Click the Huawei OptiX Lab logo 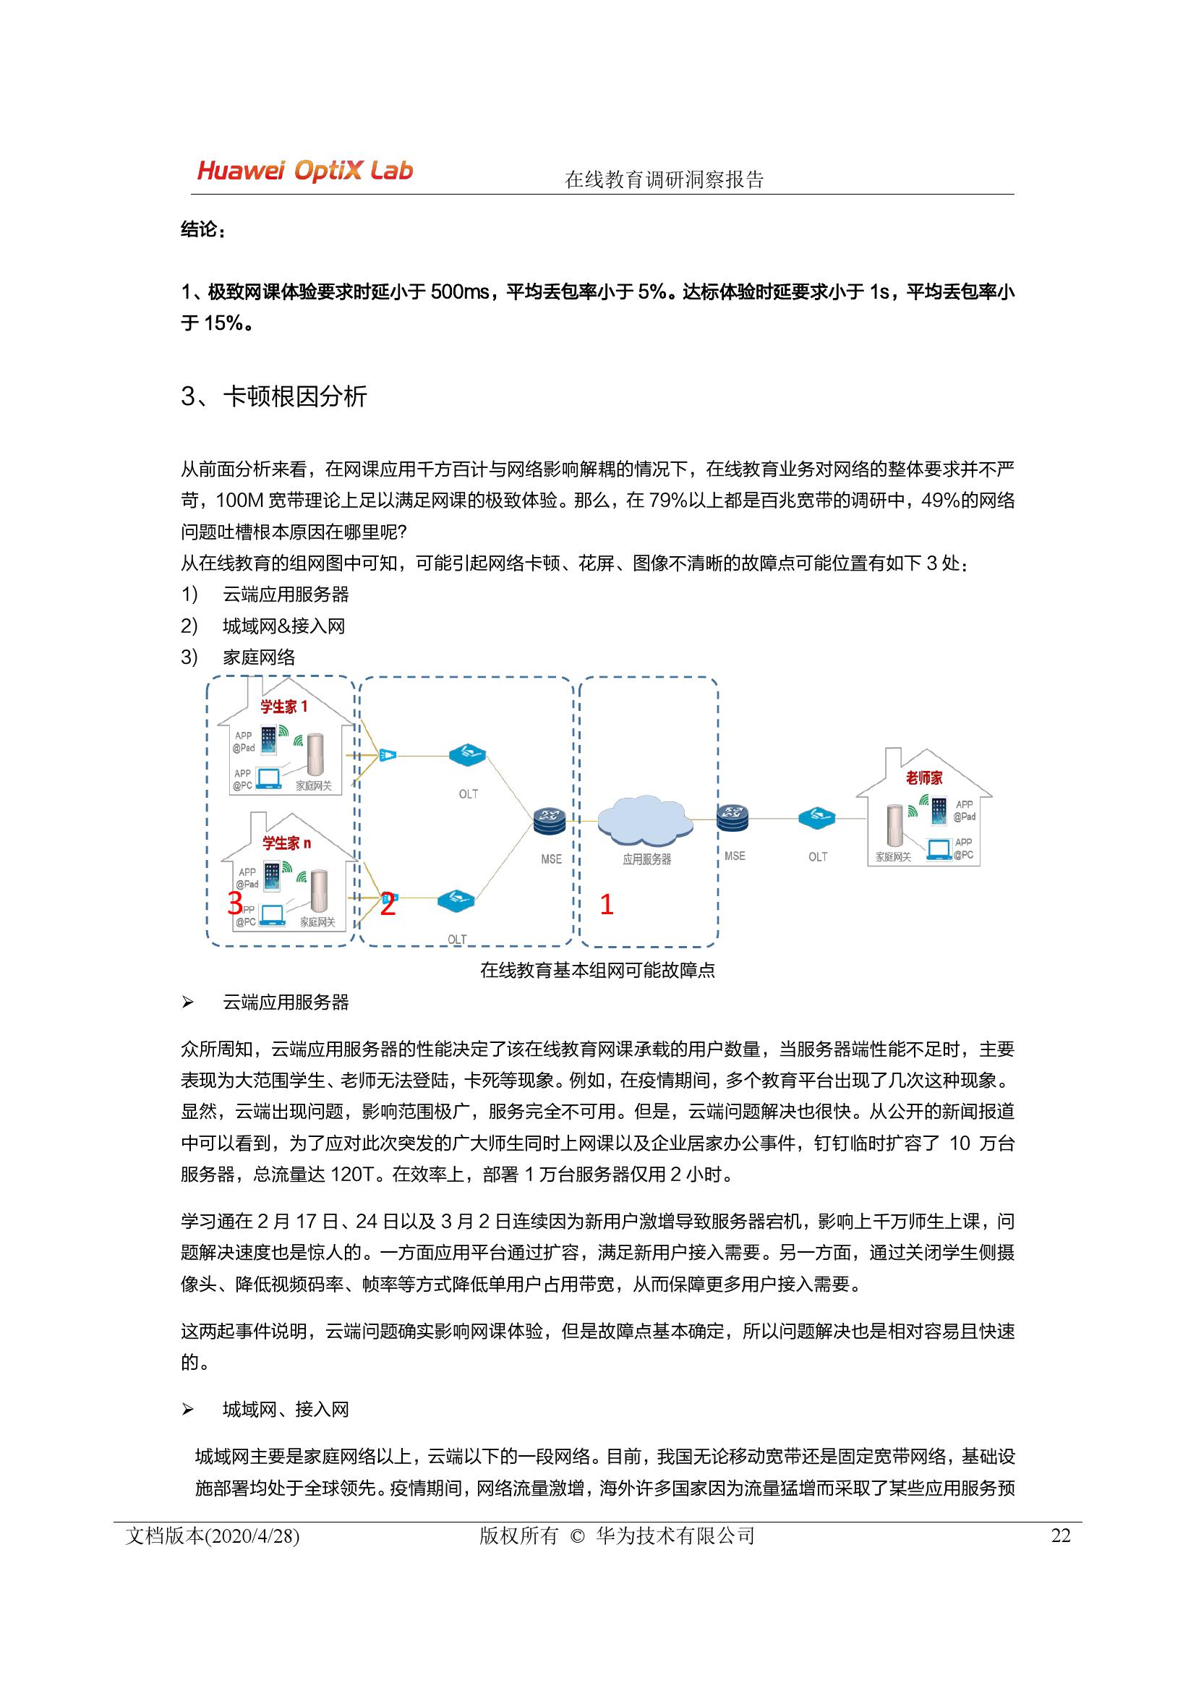click(x=305, y=171)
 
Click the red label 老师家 click(x=924, y=778)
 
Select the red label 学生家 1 click(x=283, y=707)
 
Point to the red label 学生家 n click(x=286, y=843)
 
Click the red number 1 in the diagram click(x=607, y=904)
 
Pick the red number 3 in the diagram click(x=235, y=903)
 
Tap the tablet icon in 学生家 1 click(x=269, y=740)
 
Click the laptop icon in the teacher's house click(x=939, y=849)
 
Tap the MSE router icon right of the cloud click(x=732, y=817)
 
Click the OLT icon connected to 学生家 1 click(x=468, y=755)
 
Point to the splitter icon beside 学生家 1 click(x=388, y=755)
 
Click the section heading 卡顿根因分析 click(x=294, y=397)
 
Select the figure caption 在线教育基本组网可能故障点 click(x=597, y=971)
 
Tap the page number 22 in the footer click(x=1061, y=1535)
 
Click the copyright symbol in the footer click(x=576, y=1536)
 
